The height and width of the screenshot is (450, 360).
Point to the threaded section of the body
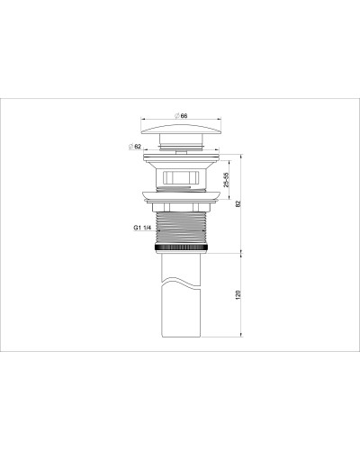pos(183,225)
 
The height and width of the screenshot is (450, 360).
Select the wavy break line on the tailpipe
pos(183,285)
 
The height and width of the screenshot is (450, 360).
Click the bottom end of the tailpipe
pos(183,337)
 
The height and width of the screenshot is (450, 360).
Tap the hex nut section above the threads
pos(183,204)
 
